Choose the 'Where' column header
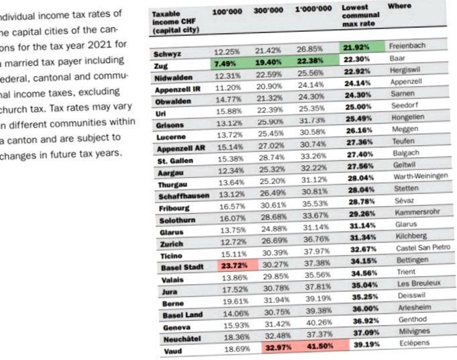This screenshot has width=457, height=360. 399,5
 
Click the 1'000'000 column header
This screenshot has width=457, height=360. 313,9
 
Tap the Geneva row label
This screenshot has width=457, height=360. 176,328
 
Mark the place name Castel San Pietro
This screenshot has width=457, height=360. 421,248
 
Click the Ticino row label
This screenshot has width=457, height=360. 172,256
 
